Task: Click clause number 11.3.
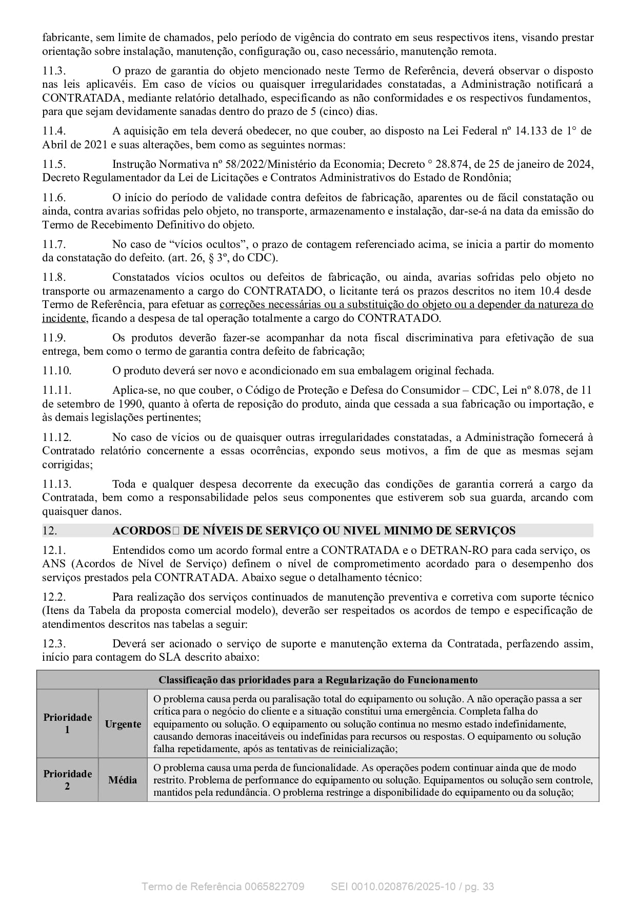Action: tap(53, 71)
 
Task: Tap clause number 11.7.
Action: tap(53, 244)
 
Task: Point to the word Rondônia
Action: tap(487, 178)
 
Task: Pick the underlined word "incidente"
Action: tap(64, 318)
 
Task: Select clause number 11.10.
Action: tap(56, 371)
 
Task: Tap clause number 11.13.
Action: tap(56, 484)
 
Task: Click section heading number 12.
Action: tap(50, 531)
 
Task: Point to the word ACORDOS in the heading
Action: tap(141, 531)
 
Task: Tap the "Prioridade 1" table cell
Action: tap(67, 723)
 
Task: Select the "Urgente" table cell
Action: tap(123, 724)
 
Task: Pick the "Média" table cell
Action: tap(123, 780)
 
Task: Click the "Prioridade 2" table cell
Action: tap(67, 780)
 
